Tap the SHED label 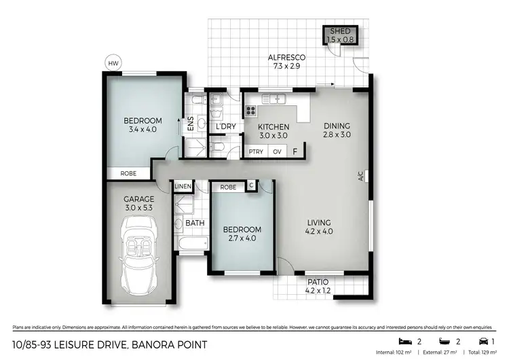[341, 32]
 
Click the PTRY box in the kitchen [256, 152]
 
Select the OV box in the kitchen [277, 152]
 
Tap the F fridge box [295, 151]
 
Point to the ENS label [191, 124]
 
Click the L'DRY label [225, 127]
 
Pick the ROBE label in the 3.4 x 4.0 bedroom [128, 174]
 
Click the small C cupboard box [251, 185]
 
